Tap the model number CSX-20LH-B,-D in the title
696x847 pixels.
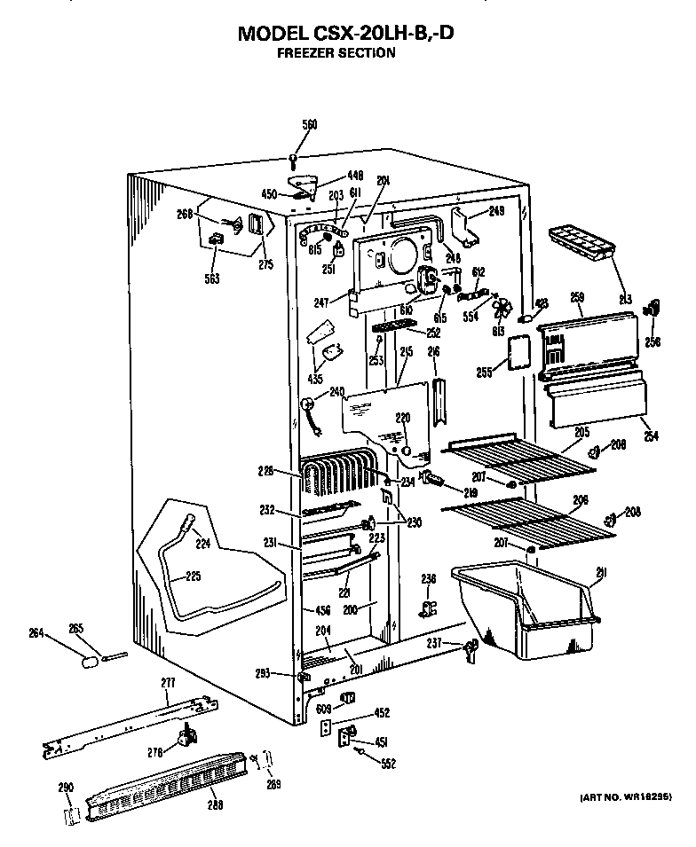[x=385, y=34]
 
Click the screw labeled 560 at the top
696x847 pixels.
[x=293, y=160]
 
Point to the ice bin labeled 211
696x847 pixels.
[x=524, y=612]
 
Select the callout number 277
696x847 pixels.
[x=168, y=682]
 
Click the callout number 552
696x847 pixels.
[x=388, y=762]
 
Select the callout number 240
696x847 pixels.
[x=336, y=391]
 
